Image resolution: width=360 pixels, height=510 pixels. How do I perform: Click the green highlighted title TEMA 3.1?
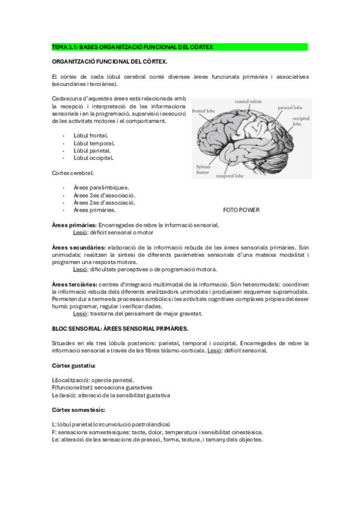click(132, 47)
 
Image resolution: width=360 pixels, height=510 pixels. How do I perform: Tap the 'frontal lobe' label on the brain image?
click(203, 111)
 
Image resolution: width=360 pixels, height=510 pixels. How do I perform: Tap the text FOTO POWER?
click(242, 210)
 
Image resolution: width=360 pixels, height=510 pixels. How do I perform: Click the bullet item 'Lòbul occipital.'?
click(94, 158)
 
